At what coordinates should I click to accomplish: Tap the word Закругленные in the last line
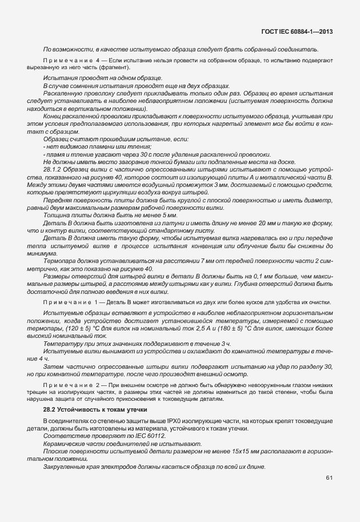click(64, 467)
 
